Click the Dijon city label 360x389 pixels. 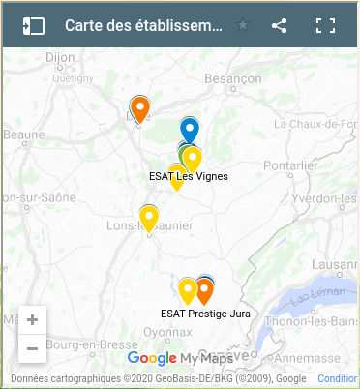[60, 58]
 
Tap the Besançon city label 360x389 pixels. [233, 78]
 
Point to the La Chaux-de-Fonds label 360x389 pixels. [317, 125]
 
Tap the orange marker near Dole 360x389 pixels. [140, 109]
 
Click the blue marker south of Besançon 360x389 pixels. [190, 129]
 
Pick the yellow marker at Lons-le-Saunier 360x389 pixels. [149, 218]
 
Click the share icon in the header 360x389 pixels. [280, 26]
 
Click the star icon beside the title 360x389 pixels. [243, 26]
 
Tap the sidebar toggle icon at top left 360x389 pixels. [34, 26]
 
